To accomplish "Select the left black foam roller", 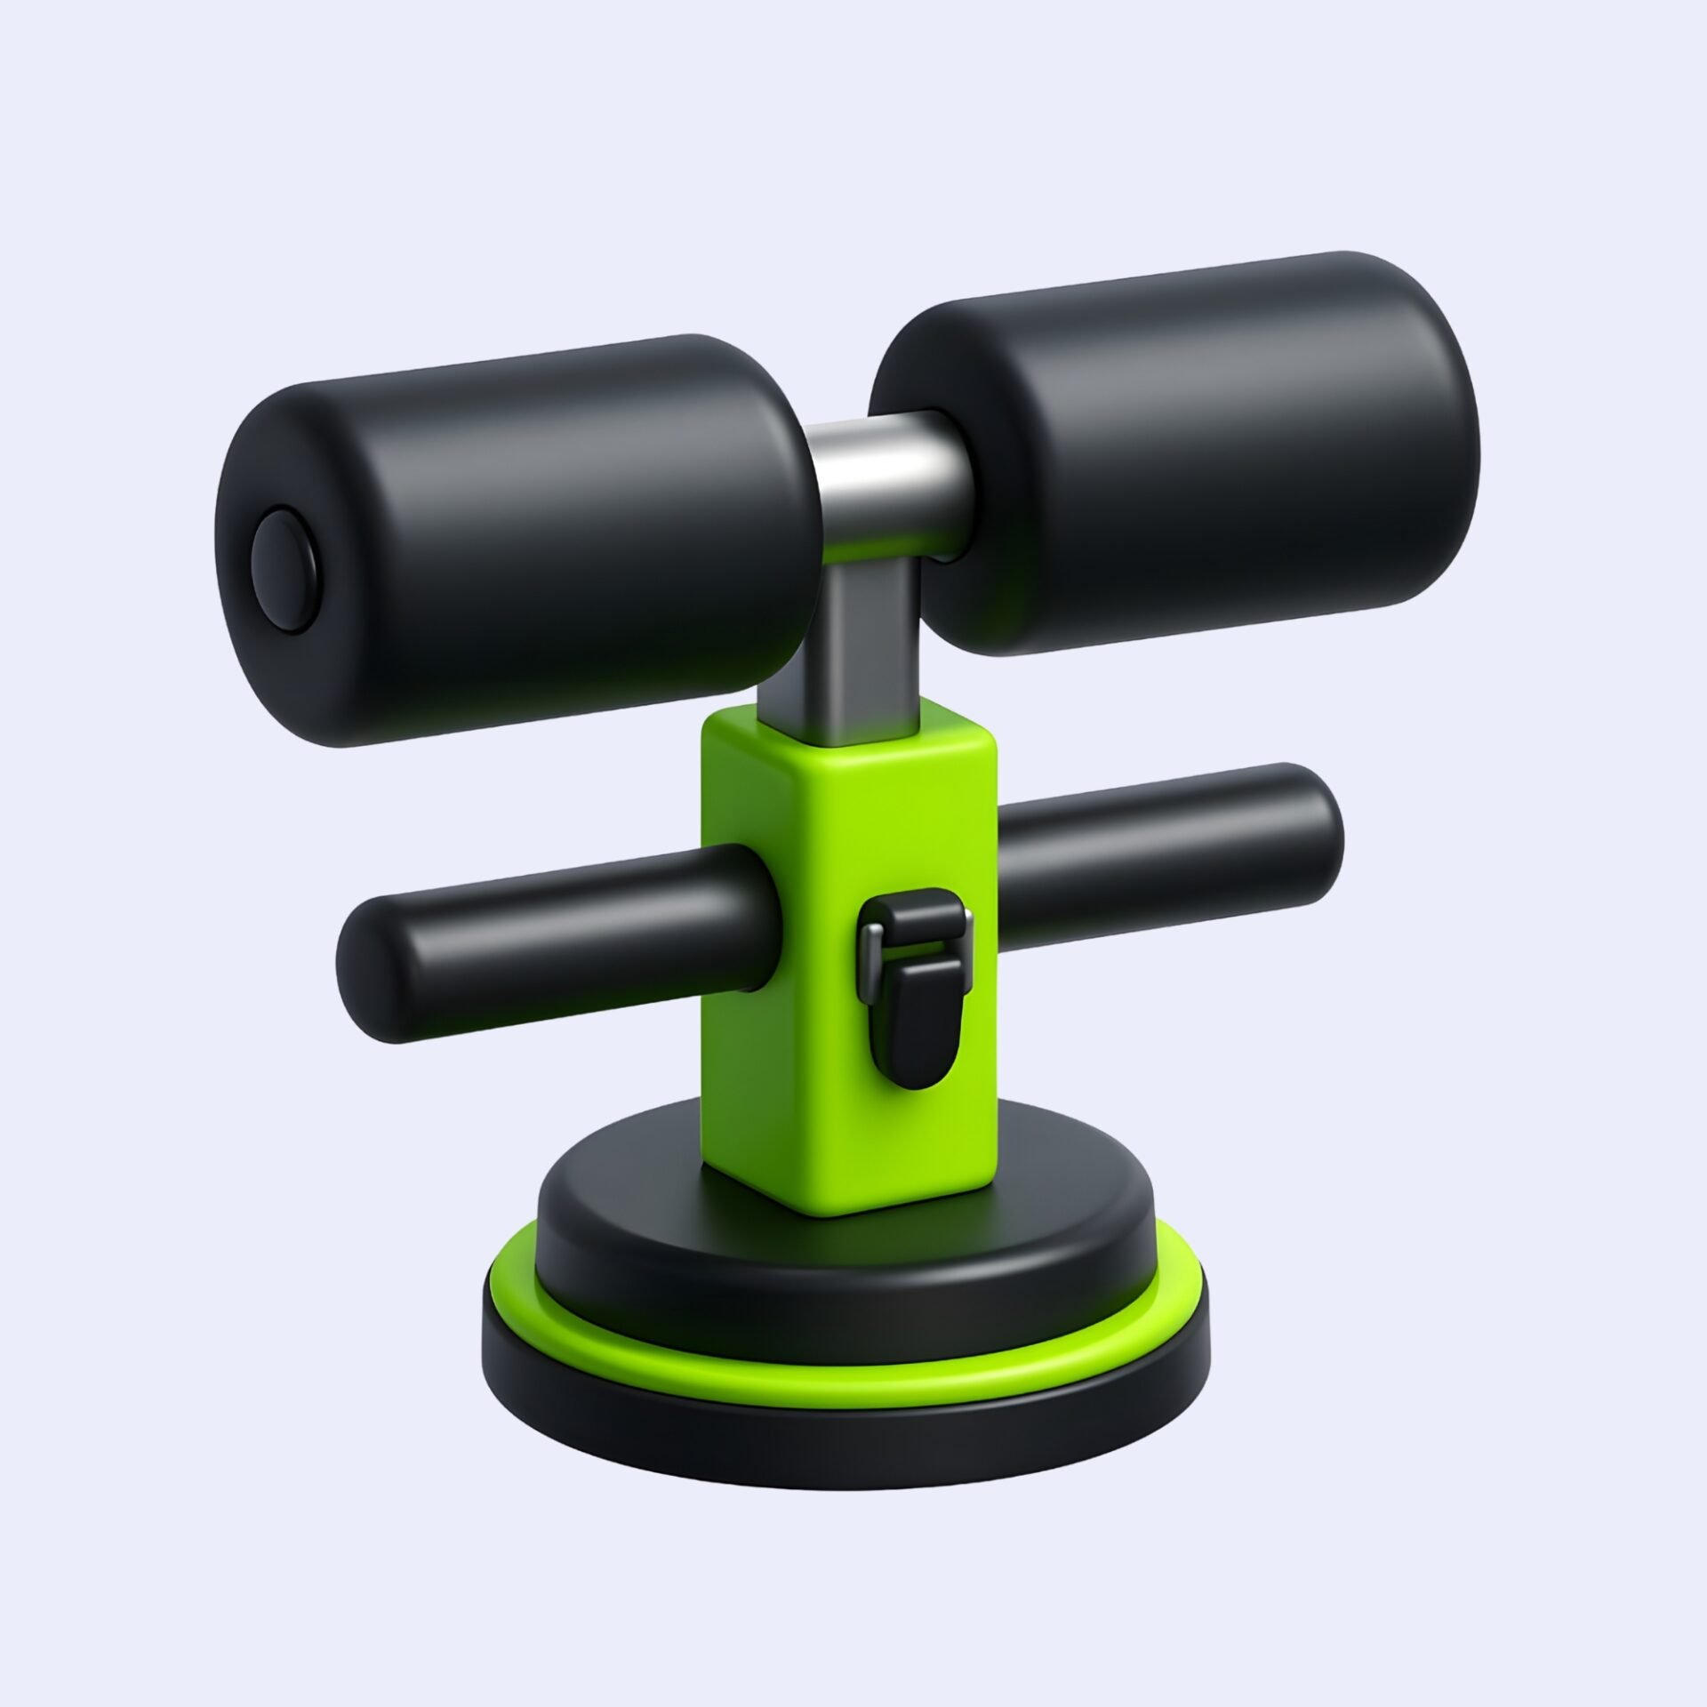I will click(x=533, y=533).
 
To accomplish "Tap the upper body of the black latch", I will click(x=911, y=925).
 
